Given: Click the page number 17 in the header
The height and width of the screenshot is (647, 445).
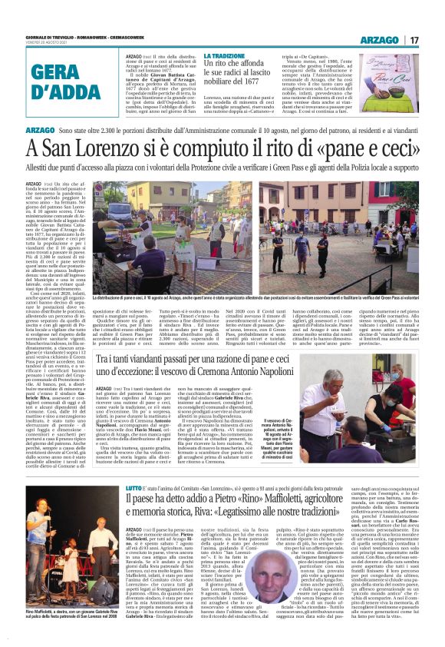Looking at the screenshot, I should tap(414, 40).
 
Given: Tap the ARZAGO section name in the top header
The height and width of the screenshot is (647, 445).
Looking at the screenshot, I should tap(380, 40).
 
